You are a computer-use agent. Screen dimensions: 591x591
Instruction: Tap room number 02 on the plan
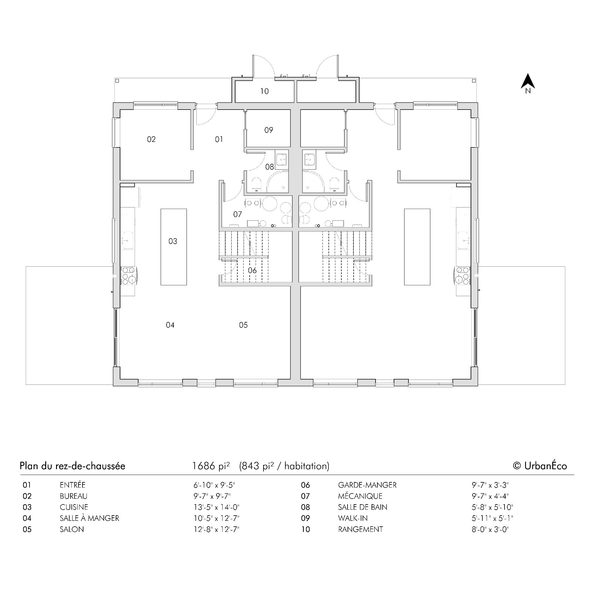(x=151, y=139)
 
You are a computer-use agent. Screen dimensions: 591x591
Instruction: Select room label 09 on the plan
(x=268, y=130)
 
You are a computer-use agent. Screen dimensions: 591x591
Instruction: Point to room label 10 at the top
(x=264, y=91)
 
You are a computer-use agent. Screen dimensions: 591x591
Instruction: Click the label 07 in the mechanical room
(x=237, y=214)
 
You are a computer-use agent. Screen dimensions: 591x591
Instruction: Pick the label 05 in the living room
(x=243, y=325)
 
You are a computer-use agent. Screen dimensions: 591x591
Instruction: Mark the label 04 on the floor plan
(x=170, y=325)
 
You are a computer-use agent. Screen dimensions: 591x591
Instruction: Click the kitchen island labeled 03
(x=174, y=247)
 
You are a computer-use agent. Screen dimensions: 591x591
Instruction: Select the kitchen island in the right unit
(x=417, y=247)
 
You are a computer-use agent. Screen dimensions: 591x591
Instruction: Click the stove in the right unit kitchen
(x=462, y=275)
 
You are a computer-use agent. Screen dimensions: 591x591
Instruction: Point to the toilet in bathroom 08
(x=256, y=184)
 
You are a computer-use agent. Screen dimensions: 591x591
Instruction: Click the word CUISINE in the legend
(x=74, y=507)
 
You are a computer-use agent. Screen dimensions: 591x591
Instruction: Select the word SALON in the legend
(x=72, y=529)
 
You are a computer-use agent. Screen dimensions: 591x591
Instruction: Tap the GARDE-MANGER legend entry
(x=367, y=485)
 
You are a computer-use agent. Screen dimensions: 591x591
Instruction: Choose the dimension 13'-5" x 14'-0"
(x=216, y=507)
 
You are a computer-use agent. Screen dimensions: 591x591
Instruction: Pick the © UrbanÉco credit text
(x=540, y=466)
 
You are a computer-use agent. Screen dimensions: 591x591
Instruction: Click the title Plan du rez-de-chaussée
(x=72, y=466)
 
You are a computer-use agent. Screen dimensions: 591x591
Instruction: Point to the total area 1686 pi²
(x=211, y=466)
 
